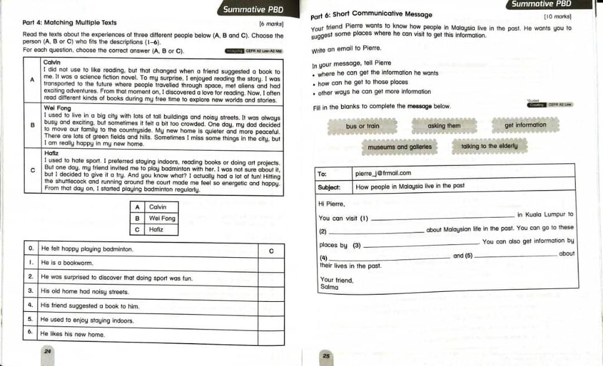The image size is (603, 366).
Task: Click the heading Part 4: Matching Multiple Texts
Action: pos(69,22)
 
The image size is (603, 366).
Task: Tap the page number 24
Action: pos(48,351)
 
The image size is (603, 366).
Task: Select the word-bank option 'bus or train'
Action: pos(362,127)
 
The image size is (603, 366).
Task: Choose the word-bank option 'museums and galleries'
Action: pos(399,147)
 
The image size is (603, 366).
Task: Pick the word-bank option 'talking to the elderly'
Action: pos(489,146)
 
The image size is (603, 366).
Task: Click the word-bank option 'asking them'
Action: pos(444,126)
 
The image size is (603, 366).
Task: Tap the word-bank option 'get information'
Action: pos(525,125)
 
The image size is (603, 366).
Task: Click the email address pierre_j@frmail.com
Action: pos(383,174)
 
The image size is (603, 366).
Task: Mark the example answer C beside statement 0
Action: pos(271,251)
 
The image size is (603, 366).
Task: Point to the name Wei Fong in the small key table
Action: pos(162,218)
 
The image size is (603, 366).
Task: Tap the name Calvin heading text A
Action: pos(52,62)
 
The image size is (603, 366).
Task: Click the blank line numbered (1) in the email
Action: pos(442,218)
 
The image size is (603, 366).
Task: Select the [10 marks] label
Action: pos(557,17)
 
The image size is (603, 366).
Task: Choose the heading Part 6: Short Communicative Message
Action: pos(371,15)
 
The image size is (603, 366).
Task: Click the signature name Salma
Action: pos(330,287)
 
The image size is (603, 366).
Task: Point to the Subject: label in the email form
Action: pos(329,186)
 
